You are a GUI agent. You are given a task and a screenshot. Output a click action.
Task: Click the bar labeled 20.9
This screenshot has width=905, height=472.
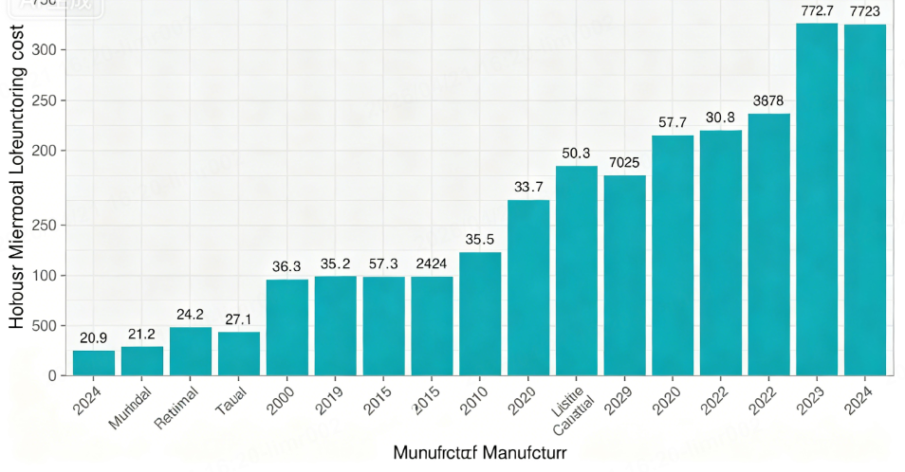(94, 363)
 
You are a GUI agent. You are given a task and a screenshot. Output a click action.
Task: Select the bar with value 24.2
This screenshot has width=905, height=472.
(191, 352)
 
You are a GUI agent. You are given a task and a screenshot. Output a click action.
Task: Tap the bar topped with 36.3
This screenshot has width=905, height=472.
(286, 328)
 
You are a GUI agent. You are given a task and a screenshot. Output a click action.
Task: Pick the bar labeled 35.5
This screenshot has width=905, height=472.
(480, 314)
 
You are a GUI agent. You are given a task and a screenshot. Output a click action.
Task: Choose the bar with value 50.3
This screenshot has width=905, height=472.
(577, 271)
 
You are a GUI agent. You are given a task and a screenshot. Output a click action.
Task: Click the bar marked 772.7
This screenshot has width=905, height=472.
(817, 199)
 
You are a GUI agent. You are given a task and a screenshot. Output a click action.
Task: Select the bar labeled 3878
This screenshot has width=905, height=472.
(769, 245)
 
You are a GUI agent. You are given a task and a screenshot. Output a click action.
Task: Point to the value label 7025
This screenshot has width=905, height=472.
(624, 162)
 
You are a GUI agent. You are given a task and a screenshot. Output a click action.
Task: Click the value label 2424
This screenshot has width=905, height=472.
(432, 263)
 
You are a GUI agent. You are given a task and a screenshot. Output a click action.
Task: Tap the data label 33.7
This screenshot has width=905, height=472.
(528, 187)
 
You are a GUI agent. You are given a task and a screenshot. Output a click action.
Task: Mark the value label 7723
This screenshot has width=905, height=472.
(865, 10)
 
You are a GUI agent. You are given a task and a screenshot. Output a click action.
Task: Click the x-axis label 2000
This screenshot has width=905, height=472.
(280, 402)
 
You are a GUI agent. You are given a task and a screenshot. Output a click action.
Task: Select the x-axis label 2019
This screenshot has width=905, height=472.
(328, 402)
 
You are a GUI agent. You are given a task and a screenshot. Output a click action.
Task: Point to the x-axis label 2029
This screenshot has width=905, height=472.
(618, 402)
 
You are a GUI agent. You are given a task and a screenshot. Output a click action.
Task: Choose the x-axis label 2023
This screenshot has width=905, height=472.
(811, 402)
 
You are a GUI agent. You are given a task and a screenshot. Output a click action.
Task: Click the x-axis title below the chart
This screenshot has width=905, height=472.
(480, 453)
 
